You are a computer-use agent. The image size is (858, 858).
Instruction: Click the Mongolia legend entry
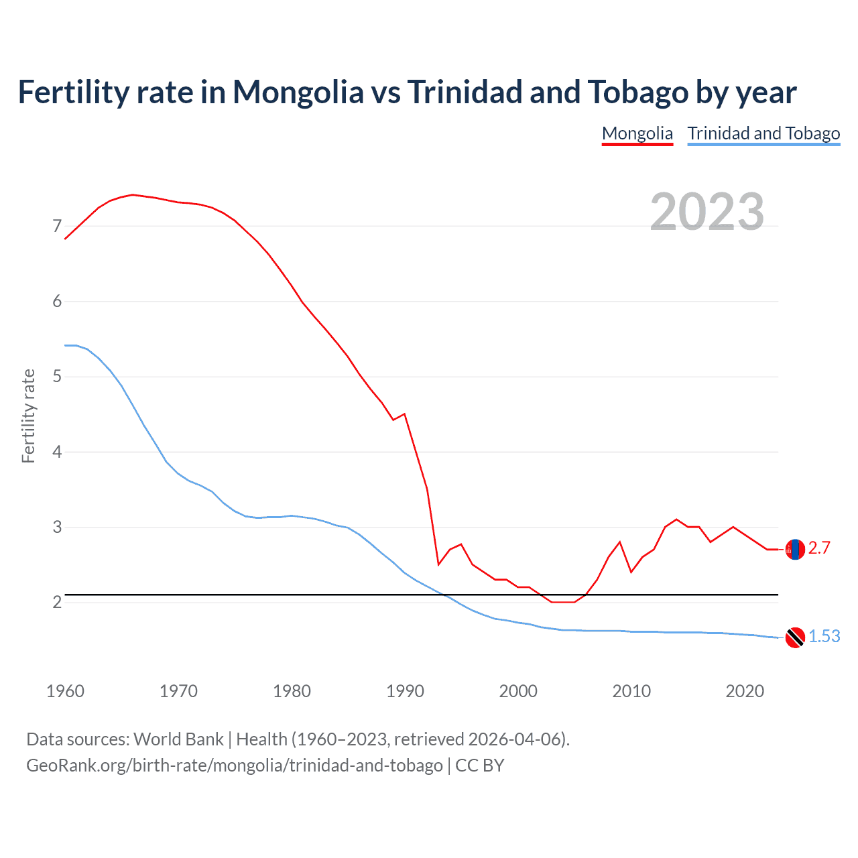pos(637,133)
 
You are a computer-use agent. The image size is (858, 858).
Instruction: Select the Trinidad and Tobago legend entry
pos(763,133)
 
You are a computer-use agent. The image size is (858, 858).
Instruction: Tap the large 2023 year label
pos(707,212)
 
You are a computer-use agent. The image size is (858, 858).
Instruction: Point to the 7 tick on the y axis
pos(57,226)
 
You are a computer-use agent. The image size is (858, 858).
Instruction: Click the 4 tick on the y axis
pos(57,452)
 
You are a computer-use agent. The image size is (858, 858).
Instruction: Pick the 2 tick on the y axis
pos(57,602)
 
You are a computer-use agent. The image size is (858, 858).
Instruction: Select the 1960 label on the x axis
pos(65,691)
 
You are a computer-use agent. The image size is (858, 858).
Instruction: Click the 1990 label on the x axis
pos(405,691)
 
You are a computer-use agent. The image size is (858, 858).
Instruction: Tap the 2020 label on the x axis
pos(745,691)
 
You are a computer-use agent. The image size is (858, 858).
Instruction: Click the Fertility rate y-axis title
pos(28,416)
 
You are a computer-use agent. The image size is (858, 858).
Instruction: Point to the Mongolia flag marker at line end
pos(795,549)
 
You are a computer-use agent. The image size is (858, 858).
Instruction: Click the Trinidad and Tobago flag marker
pos(795,637)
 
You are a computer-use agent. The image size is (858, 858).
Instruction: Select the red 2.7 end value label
pos(819,548)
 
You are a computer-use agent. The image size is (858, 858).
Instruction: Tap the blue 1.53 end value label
pos(824,637)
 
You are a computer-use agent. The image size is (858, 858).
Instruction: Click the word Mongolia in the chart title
pos(298,93)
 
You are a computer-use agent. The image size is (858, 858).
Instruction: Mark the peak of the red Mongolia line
pos(133,194)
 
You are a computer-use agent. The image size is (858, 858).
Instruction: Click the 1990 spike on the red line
pos(404,414)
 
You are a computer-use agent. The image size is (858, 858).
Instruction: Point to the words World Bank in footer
pos(178,739)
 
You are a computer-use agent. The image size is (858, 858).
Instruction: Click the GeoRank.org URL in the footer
pos(235,765)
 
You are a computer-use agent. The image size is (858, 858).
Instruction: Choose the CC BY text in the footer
pos(479,765)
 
